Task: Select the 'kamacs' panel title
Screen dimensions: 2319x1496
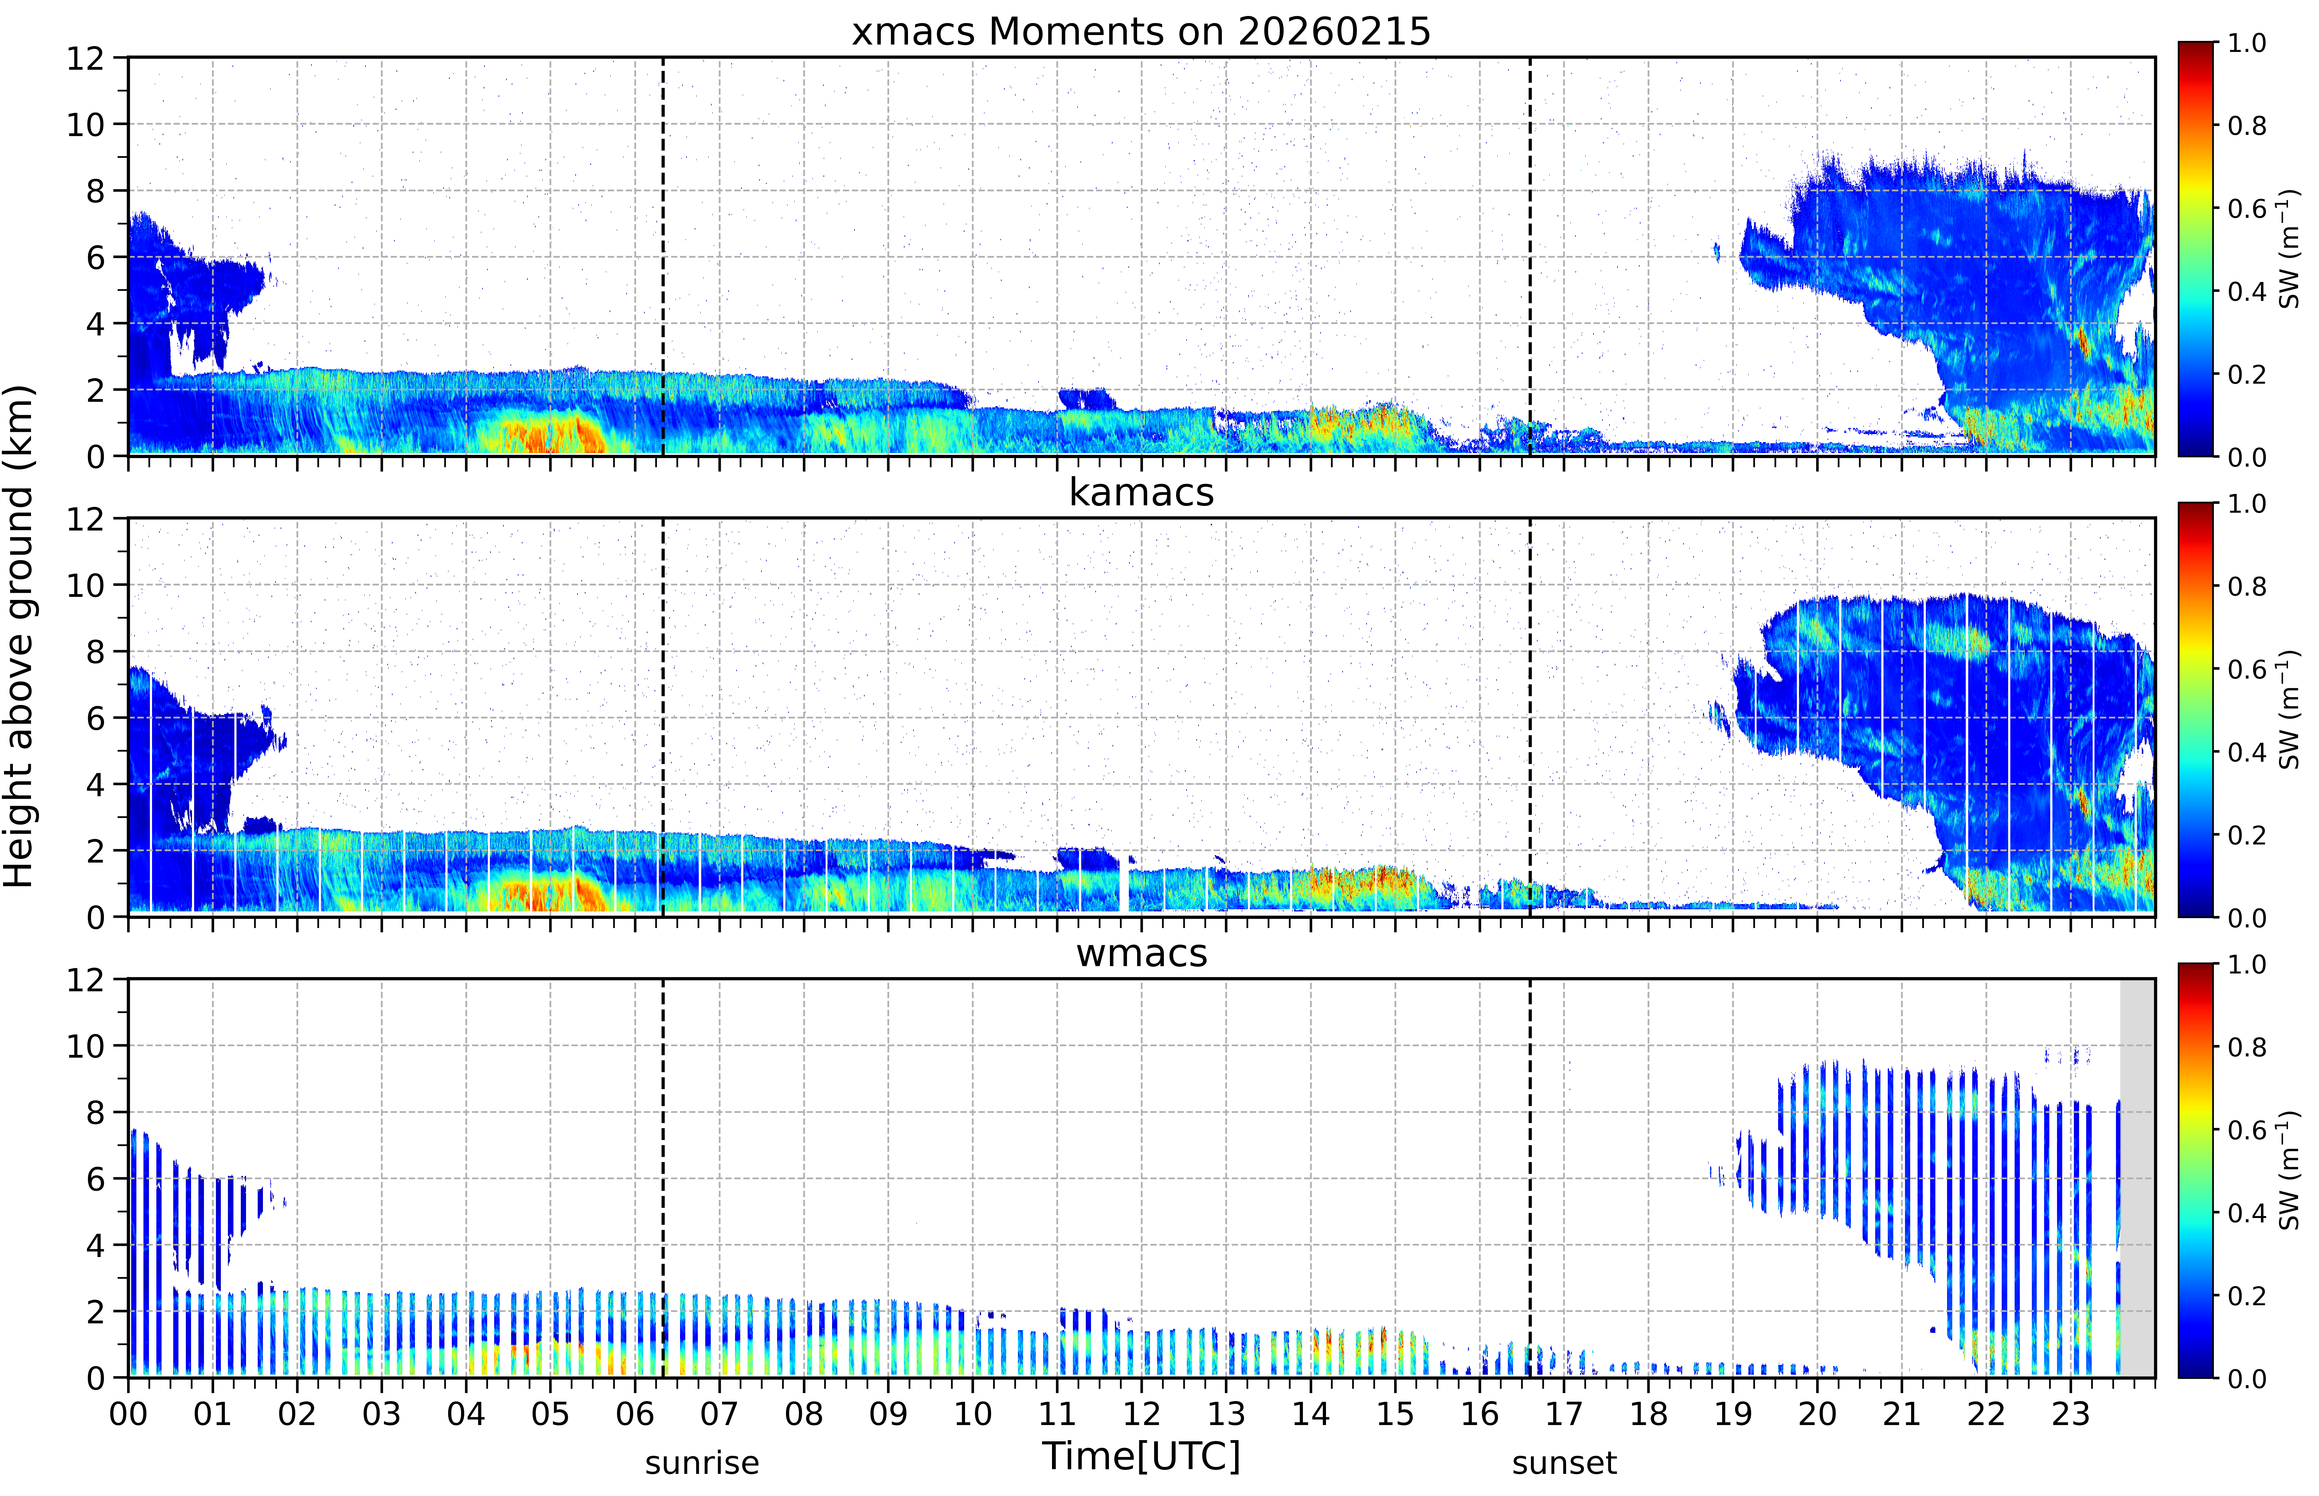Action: pyautogui.click(x=1141, y=492)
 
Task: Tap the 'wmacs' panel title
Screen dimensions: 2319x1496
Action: pyautogui.click(x=1141, y=953)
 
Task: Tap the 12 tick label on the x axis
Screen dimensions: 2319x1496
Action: pyautogui.click(x=1142, y=1413)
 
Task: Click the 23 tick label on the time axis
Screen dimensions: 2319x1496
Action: pyautogui.click(x=2071, y=1413)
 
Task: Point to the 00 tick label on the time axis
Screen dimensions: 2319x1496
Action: pyautogui.click(x=128, y=1413)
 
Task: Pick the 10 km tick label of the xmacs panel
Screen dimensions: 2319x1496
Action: pyautogui.click(x=85, y=124)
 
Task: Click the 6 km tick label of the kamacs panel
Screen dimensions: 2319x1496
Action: pyautogui.click(x=95, y=718)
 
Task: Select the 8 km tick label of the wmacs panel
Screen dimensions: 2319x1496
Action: pyautogui.click(x=95, y=1112)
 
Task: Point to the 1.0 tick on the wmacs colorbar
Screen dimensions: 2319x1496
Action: pyautogui.click(x=2246, y=965)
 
